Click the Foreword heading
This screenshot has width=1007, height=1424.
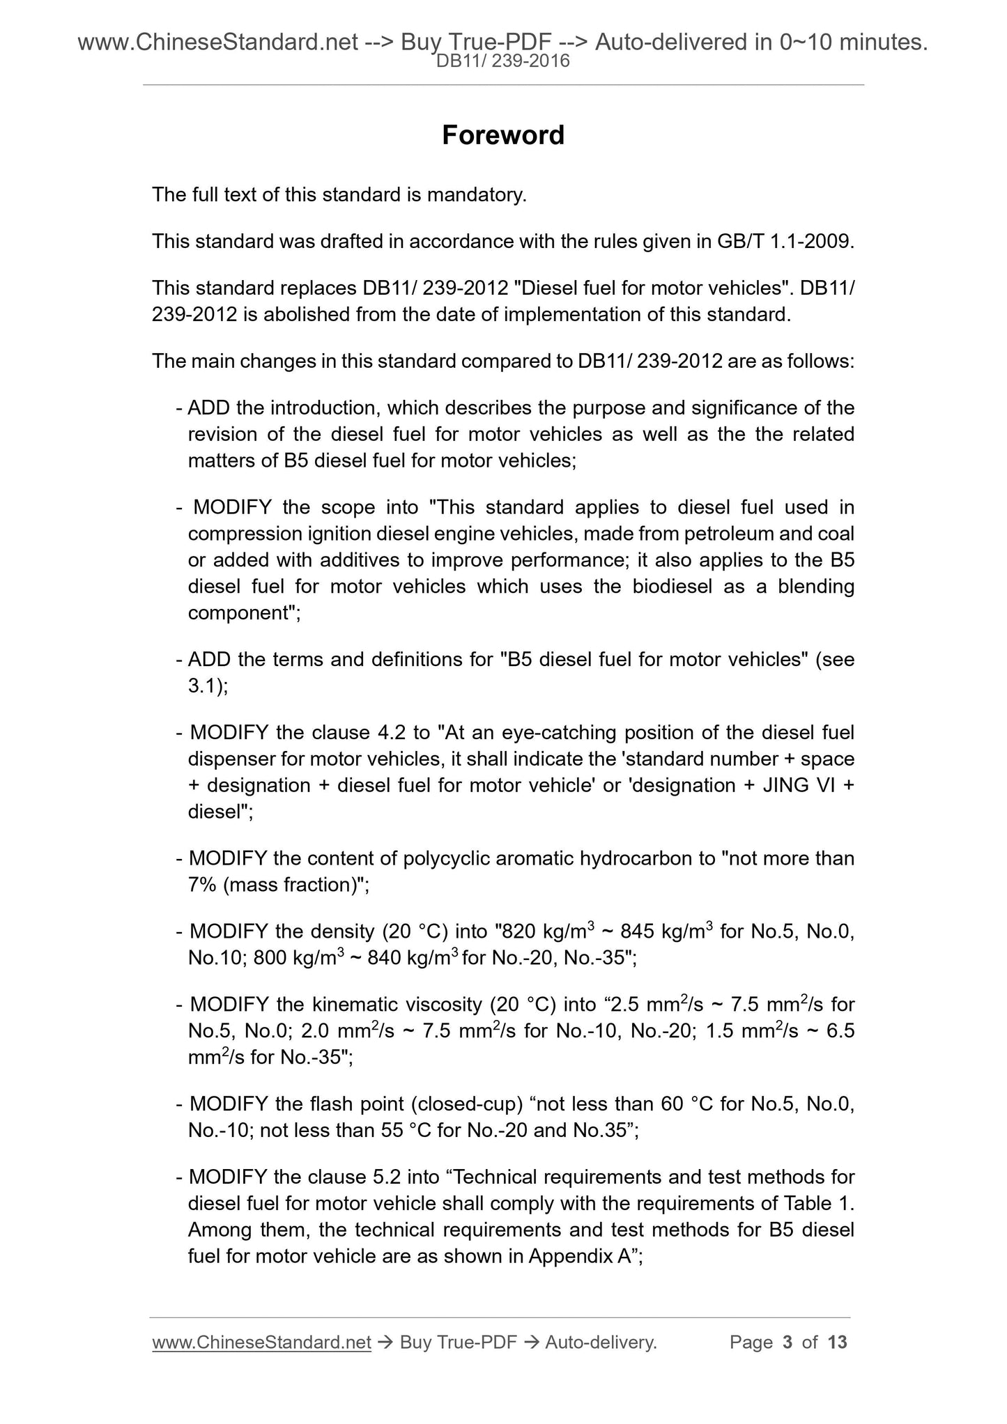(503, 135)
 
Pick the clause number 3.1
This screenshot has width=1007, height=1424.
(203, 686)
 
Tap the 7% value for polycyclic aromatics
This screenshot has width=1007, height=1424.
(202, 885)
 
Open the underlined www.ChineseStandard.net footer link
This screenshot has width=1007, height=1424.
(261, 1342)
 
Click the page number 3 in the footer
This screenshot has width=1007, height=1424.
(787, 1342)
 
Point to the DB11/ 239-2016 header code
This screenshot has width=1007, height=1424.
(503, 62)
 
